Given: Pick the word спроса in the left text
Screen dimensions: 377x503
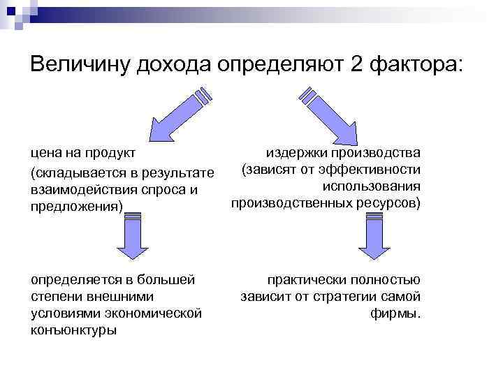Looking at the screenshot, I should (x=168, y=190).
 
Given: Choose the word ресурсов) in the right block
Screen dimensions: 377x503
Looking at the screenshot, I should (x=389, y=203).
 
